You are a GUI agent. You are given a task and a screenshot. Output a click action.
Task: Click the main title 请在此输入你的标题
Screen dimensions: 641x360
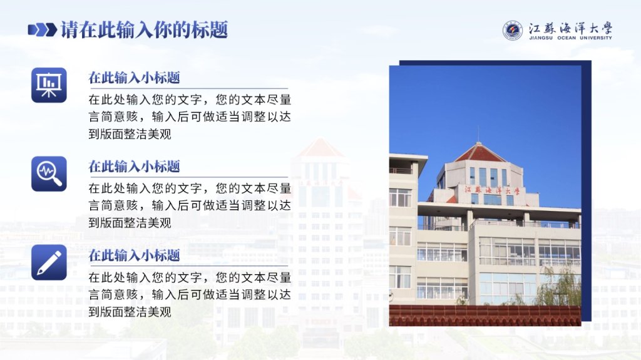tap(144, 30)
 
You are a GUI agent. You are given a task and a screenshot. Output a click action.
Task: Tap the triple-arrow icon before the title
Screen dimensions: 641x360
tap(43, 30)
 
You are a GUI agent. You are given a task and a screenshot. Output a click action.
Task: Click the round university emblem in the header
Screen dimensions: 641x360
tap(513, 31)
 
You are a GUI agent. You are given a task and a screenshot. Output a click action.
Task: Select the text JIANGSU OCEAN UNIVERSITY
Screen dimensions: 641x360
tap(570, 38)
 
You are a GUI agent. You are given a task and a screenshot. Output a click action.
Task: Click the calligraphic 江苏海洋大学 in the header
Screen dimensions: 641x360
tap(570, 28)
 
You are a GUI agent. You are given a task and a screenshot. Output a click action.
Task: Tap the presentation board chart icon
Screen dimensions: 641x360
tap(49, 85)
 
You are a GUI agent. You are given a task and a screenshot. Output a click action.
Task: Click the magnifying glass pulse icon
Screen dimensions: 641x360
tap(49, 174)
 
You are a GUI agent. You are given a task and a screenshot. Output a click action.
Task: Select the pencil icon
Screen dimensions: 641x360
tap(49, 262)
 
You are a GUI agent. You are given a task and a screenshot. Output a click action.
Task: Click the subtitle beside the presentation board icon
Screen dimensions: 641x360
tap(134, 78)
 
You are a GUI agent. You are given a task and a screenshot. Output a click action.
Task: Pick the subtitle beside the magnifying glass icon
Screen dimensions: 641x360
tap(134, 167)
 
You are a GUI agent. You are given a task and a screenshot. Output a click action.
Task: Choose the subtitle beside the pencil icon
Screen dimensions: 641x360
tap(134, 255)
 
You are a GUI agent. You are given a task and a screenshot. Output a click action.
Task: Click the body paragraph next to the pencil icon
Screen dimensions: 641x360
tap(190, 294)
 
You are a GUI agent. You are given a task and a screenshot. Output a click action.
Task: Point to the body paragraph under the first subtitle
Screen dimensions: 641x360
tap(190, 117)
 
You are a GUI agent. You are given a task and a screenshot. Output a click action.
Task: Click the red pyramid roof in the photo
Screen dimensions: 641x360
tap(480, 152)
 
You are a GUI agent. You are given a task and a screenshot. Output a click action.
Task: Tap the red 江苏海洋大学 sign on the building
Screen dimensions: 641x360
tap(492, 190)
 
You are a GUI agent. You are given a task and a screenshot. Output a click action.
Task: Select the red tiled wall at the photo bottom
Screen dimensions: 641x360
tap(485, 316)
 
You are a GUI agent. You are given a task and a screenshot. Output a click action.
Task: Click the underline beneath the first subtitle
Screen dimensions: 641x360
tap(188, 88)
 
